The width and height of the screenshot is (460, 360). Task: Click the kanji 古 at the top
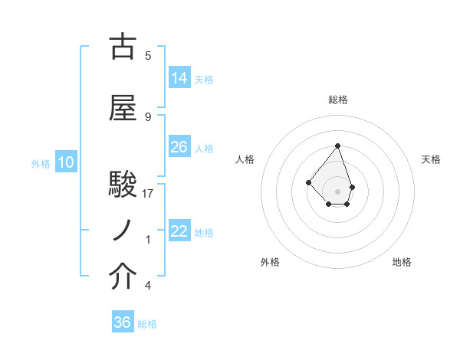123,47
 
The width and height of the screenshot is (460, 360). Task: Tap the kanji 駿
123,185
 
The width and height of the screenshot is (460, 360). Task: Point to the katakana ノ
123,230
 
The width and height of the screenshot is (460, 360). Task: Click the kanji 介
123,277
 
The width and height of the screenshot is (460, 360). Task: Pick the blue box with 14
179,78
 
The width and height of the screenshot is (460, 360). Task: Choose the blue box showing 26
179,147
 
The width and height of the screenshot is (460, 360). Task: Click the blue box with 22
179,231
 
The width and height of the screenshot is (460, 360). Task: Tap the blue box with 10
65,162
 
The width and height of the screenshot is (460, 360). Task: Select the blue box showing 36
123,322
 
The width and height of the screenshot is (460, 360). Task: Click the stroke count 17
148,194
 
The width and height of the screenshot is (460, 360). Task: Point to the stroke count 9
148,117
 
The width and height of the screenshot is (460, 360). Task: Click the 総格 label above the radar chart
337,100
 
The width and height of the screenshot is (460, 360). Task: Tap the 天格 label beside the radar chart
431,159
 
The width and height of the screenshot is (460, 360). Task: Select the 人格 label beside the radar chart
245,159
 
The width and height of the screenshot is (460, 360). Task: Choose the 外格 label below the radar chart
270,262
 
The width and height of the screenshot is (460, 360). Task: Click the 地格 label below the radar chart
402,262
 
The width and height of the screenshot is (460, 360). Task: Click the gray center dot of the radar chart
337,191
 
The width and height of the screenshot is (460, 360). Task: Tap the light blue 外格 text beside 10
40,163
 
